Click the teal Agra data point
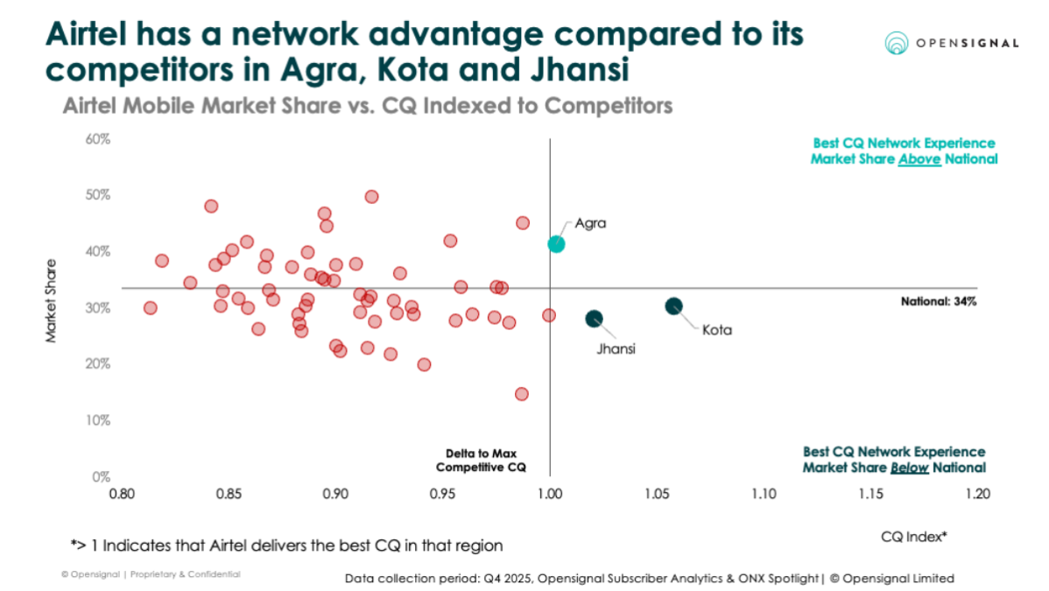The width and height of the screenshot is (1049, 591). pyautogui.click(x=556, y=244)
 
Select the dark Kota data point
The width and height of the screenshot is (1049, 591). pyautogui.click(x=673, y=306)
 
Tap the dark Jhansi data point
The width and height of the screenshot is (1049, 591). pyautogui.click(x=594, y=319)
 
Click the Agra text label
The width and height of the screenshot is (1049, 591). pyautogui.click(x=590, y=223)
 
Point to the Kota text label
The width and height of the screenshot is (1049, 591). pyautogui.click(x=715, y=331)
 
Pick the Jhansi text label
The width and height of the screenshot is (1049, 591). pyautogui.click(x=616, y=348)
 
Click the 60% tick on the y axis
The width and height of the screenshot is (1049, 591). pyautogui.click(x=97, y=139)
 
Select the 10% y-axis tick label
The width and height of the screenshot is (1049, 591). pyautogui.click(x=97, y=420)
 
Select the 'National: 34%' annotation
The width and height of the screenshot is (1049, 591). pyautogui.click(x=939, y=301)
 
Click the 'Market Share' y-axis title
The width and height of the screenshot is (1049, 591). pyautogui.click(x=52, y=299)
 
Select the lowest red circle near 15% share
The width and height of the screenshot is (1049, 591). pyautogui.click(x=521, y=394)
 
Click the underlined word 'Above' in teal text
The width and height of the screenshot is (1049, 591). pyautogui.click(x=919, y=158)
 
